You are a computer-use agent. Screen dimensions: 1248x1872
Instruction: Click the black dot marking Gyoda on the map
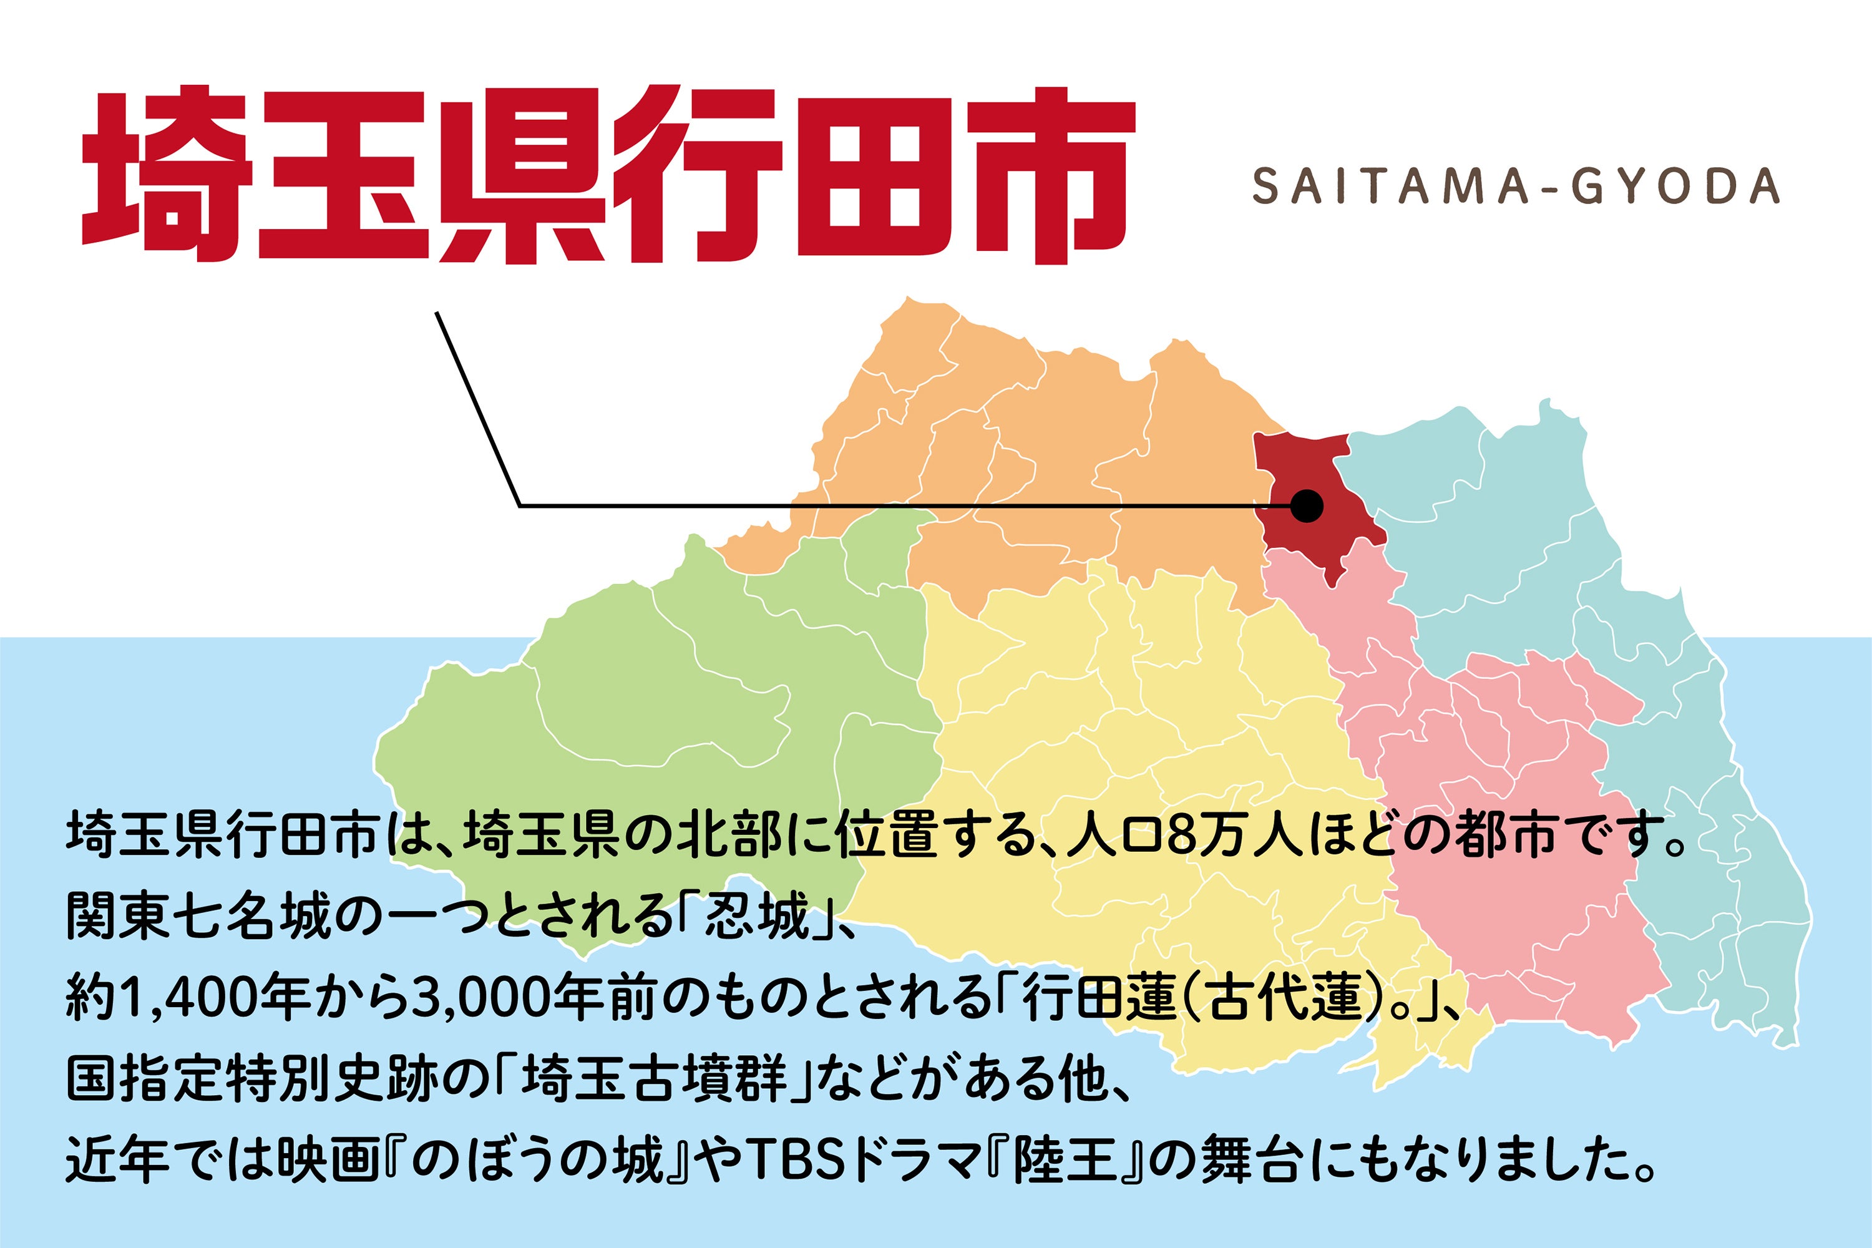pyautogui.click(x=1306, y=505)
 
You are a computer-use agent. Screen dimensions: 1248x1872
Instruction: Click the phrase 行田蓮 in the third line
pyautogui.click(x=1098, y=998)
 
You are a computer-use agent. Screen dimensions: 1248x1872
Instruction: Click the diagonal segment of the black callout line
pyautogui.click(x=477, y=409)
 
